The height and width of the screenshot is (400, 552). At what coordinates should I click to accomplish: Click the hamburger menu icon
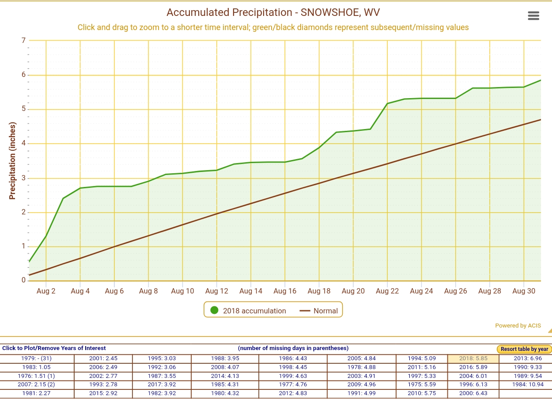(x=533, y=15)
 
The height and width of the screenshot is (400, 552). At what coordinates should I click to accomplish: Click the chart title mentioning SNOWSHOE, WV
(x=273, y=12)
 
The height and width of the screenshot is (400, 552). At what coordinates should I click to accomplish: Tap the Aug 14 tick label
(x=251, y=291)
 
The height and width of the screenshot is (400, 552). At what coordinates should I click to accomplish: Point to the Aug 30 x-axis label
(x=524, y=291)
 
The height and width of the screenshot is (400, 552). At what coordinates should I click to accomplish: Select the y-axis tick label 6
(x=23, y=75)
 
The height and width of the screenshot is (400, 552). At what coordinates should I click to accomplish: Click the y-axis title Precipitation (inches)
(x=12, y=160)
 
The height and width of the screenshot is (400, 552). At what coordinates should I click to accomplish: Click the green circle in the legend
(x=215, y=310)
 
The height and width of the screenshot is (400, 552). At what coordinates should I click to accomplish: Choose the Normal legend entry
(x=319, y=311)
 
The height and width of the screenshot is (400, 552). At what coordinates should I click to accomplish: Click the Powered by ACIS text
(x=518, y=326)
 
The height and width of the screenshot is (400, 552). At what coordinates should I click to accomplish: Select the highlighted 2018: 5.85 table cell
(x=473, y=358)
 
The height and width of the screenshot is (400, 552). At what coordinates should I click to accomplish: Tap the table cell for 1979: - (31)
(x=37, y=358)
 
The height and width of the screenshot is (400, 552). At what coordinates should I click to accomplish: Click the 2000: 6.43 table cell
(x=473, y=393)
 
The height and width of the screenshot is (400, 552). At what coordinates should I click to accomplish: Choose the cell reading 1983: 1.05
(x=37, y=367)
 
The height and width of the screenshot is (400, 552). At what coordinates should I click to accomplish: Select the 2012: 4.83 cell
(x=293, y=393)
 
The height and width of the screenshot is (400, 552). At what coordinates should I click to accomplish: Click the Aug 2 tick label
(x=46, y=291)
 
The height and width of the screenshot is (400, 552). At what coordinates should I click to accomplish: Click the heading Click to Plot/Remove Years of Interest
(x=54, y=348)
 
